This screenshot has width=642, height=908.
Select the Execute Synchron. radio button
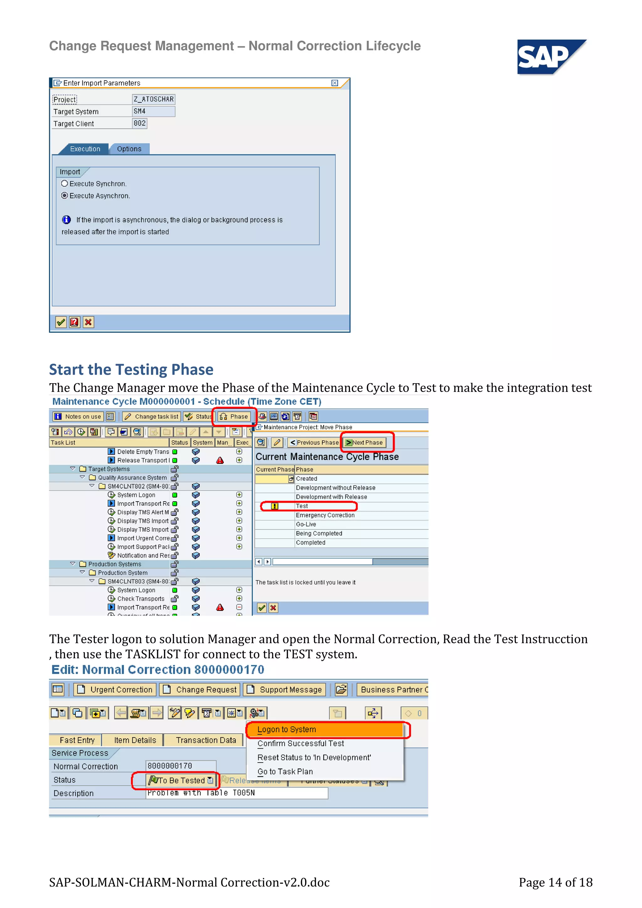coord(65,184)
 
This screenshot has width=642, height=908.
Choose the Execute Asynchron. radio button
coord(65,196)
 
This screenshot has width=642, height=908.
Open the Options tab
coord(129,149)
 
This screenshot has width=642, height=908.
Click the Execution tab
coord(85,149)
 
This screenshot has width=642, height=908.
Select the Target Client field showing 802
coord(139,123)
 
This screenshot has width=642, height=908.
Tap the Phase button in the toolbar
coord(234,416)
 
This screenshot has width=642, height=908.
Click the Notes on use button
coord(78,416)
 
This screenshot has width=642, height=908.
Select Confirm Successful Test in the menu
coord(301,744)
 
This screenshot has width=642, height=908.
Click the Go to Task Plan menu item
coord(285,772)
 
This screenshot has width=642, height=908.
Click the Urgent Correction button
coord(115,690)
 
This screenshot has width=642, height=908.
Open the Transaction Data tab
coord(206,740)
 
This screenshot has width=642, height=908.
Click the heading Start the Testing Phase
coord(131,369)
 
